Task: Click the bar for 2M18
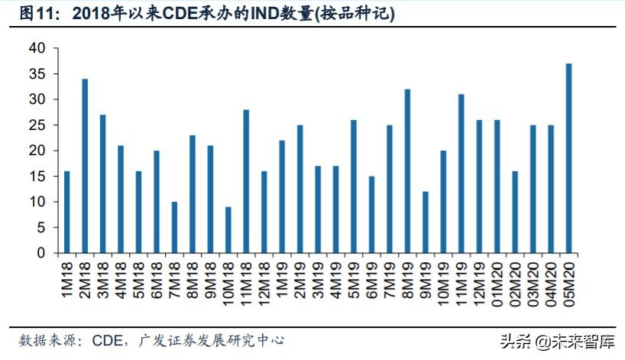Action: click(x=85, y=166)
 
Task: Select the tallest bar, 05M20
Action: click(x=568, y=158)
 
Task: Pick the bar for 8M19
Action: click(x=407, y=171)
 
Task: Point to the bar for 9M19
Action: click(x=425, y=222)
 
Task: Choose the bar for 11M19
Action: click(x=461, y=174)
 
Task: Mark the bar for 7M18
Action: click(x=174, y=227)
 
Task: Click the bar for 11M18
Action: click(x=246, y=181)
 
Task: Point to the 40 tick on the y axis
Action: click(x=39, y=48)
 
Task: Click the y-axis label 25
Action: click(x=39, y=125)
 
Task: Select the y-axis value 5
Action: click(x=43, y=228)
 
